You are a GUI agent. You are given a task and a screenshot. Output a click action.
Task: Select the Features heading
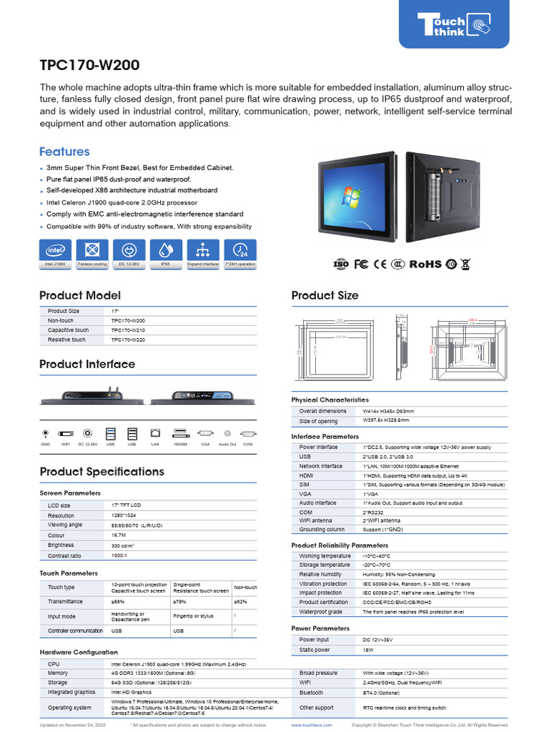pos(64,152)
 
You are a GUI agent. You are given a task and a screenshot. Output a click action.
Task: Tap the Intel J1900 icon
pos(55,251)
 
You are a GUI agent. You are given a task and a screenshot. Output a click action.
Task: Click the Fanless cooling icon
pos(91,251)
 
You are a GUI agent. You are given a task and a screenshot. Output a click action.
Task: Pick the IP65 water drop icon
pos(165,251)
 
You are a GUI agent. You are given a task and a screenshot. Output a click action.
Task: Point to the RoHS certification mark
pos(425,264)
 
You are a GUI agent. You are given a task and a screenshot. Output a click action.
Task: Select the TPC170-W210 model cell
pos(128,330)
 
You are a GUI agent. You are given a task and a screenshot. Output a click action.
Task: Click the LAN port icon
pos(155,433)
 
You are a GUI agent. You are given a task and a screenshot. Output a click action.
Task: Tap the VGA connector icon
pos(205,433)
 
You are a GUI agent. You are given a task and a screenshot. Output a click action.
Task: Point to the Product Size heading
pos(325,295)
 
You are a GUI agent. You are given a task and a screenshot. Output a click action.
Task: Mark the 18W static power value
pos(369,650)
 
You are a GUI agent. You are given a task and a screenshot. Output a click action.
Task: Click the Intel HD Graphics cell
pos(132,692)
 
